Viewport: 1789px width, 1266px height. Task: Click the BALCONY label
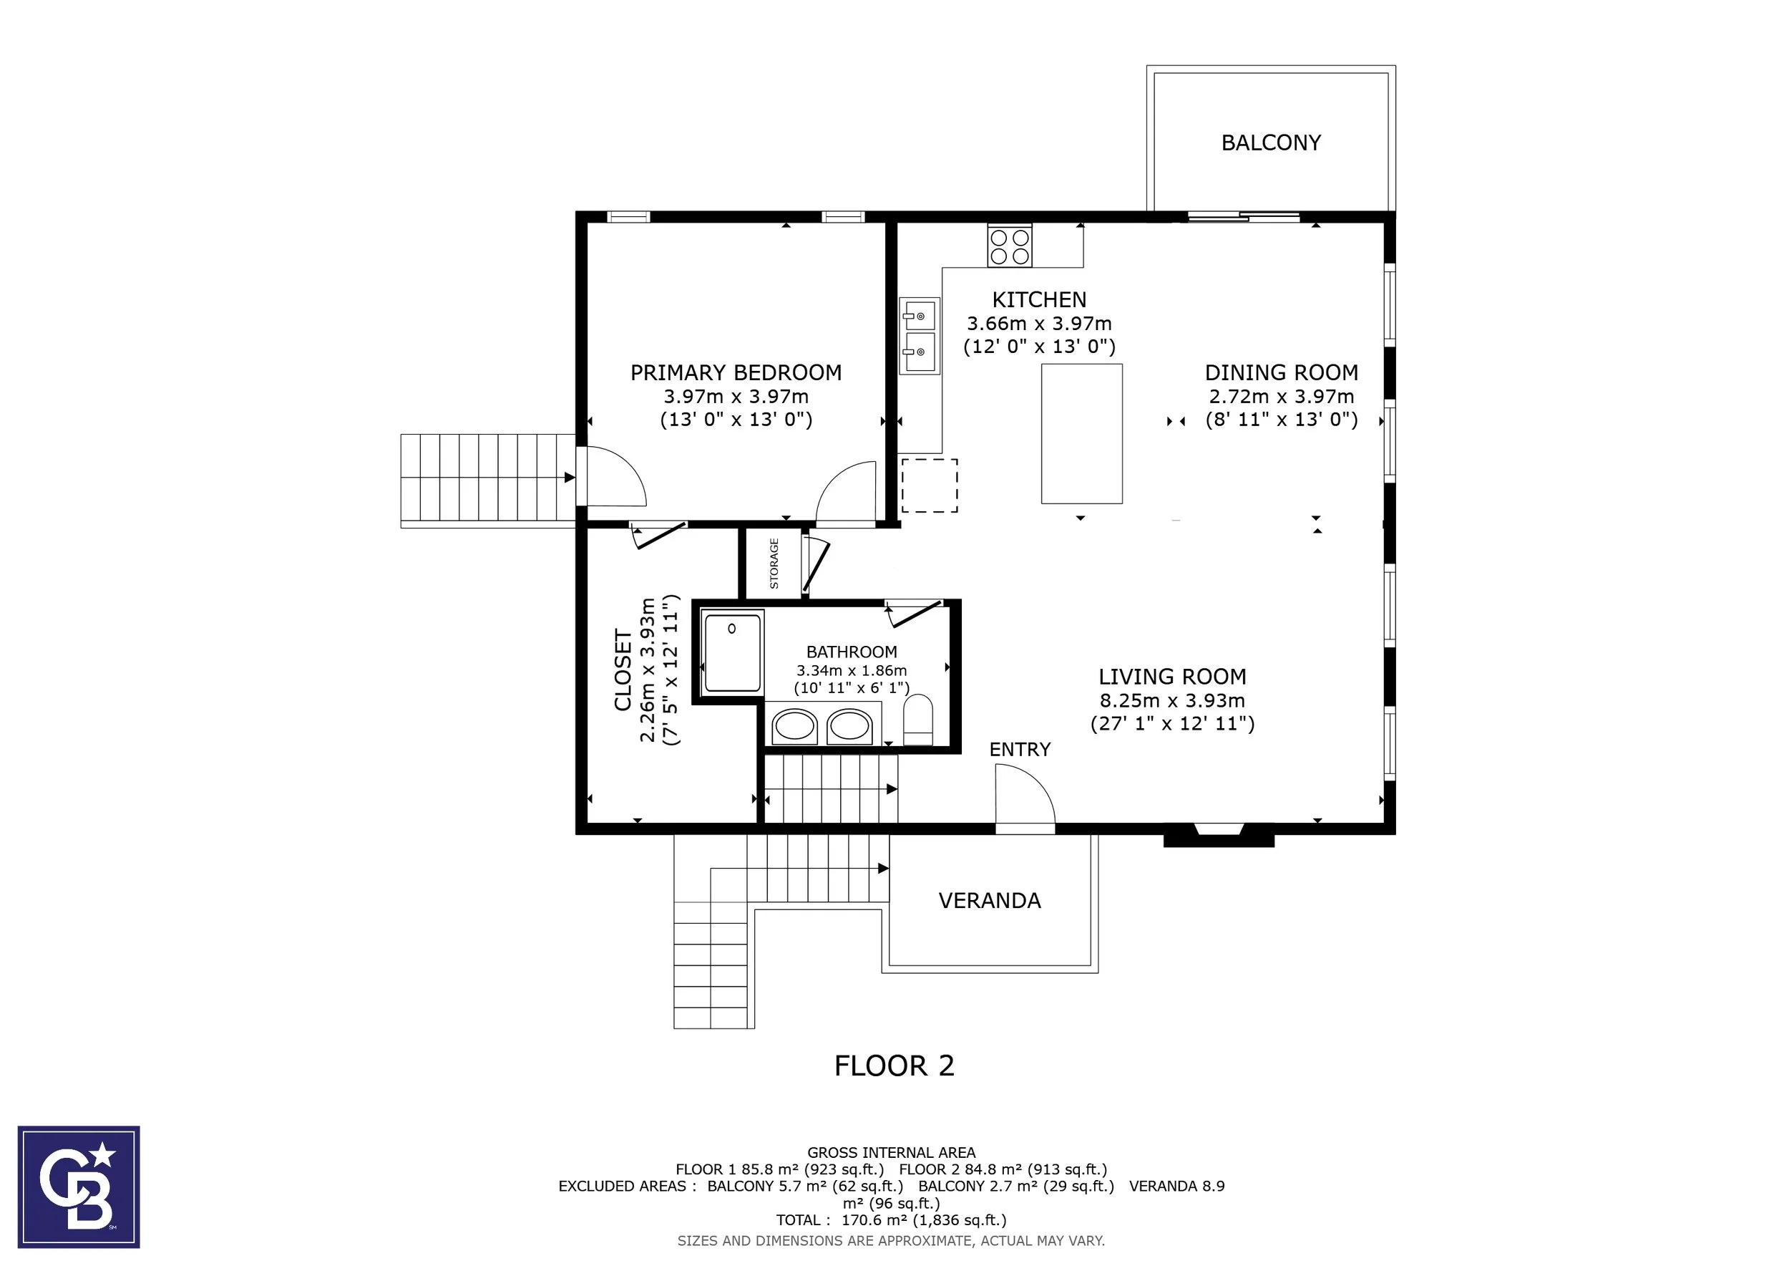(x=1271, y=142)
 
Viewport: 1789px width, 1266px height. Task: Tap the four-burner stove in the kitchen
(x=1010, y=245)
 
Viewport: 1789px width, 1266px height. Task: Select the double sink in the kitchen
(x=920, y=336)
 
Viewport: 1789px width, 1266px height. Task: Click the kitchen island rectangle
(x=1081, y=433)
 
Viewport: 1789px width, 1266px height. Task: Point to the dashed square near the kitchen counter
(x=930, y=485)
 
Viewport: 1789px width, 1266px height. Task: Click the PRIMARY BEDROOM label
(x=736, y=372)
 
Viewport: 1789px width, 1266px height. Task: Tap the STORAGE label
(x=774, y=563)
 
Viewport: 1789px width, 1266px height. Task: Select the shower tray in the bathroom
(x=733, y=652)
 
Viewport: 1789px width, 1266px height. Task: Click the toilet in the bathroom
(x=918, y=720)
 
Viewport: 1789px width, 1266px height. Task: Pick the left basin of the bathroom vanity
(x=794, y=727)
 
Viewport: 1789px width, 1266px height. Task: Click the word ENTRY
(x=1020, y=749)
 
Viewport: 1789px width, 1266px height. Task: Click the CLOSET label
(x=623, y=670)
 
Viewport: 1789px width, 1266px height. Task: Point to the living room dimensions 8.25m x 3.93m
(x=1172, y=700)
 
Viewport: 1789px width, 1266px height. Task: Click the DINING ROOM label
(x=1281, y=372)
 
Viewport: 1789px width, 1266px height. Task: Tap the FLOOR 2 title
(x=894, y=1066)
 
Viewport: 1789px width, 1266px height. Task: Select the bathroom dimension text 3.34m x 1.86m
(x=852, y=670)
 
